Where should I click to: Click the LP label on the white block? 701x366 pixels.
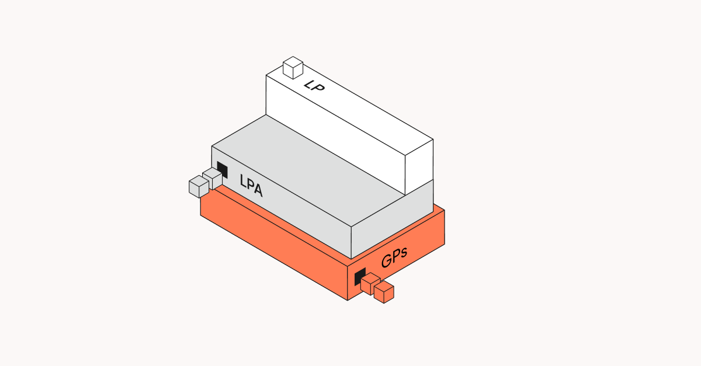pyautogui.click(x=314, y=85)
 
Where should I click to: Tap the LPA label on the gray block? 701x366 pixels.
pyautogui.click(x=251, y=186)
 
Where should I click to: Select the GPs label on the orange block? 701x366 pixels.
pyautogui.click(x=394, y=257)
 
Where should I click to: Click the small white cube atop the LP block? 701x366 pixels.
pyautogui.click(x=293, y=68)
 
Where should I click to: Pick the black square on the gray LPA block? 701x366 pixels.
pyautogui.click(x=222, y=170)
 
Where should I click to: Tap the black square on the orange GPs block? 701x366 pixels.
pyautogui.click(x=360, y=276)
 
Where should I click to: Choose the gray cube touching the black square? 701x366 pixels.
pyautogui.click(x=213, y=178)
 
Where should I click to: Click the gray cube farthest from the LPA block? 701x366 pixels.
pyautogui.click(x=199, y=186)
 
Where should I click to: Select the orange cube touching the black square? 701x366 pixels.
pyautogui.click(x=370, y=284)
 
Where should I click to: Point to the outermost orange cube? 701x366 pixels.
pyautogui.click(x=384, y=292)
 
